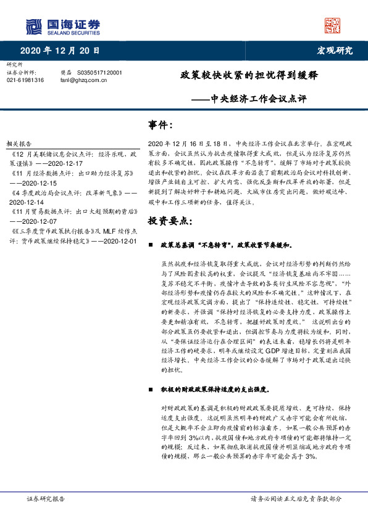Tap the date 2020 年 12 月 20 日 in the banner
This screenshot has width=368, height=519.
pyautogui.click(x=60, y=51)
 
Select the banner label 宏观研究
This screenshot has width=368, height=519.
pyautogui.click(x=335, y=51)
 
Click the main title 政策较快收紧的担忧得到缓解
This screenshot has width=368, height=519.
pyautogui.click(x=249, y=76)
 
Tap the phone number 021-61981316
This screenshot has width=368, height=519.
pyautogui.click(x=25, y=80)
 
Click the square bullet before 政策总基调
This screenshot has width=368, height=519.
pyautogui.click(x=151, y=245)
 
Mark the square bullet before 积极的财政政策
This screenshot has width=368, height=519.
pyautogui.click(x=151, y=391)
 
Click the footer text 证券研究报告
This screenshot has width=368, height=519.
pyautogui.click(x=46, y=499)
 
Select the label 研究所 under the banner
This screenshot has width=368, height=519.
pyautogui.click(x=14, y=64)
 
